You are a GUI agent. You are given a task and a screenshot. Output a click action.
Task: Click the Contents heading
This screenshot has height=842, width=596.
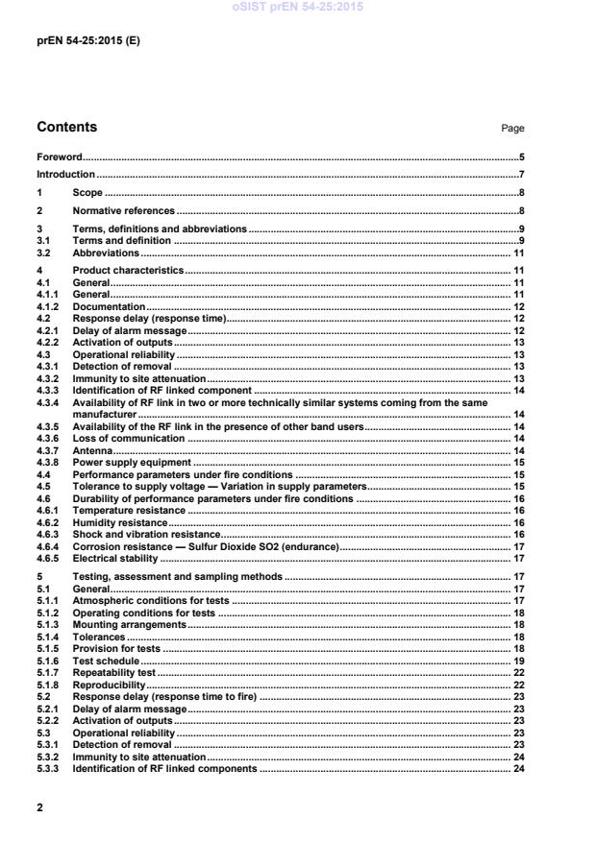pyautogui.click(x=66, y=128)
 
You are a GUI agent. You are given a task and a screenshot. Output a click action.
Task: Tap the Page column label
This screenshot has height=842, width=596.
pyautogui.click(x=513, y=129)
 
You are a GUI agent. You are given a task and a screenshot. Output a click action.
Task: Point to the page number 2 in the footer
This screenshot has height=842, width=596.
pyautogui.click(x=39, y=807)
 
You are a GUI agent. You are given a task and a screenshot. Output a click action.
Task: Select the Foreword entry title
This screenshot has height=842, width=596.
pyautogui.click(x=59, y=156)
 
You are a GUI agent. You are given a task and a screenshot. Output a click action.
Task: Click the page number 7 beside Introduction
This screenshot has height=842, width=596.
pyautogui.click(x=521, y=175)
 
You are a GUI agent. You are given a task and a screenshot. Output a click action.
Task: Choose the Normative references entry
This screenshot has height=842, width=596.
pyautogui.click(x=124, y=210)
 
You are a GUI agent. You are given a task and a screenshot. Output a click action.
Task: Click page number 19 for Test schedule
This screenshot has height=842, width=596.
pyautogui.click(x=518, y=662)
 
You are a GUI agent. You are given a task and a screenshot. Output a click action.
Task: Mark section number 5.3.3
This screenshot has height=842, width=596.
pyautogui.click(x=46, y=769)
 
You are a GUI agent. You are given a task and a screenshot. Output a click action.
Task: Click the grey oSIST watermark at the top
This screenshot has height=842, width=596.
pyautogui.click(x=297, y=8)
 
